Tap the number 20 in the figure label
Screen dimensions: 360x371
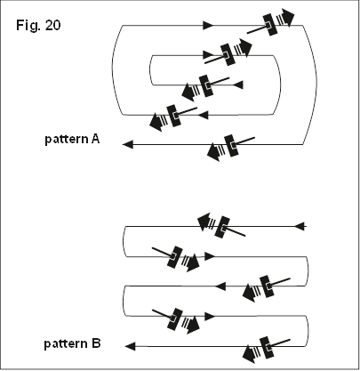tap(53, 25)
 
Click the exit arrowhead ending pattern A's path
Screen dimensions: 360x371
tap(128, 144)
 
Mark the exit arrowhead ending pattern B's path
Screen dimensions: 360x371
tap(131, 346)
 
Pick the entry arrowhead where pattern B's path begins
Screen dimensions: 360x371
tap(300, 226)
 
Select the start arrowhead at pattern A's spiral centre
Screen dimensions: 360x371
tap(238, 85)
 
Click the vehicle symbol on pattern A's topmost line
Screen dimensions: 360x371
tap(271, 23)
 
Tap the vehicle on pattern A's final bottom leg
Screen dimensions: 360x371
tap(230, 146)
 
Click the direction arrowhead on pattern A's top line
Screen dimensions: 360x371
tap(208, 25)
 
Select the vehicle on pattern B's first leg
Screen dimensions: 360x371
tap(221, 227)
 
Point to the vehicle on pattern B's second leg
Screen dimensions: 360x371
tap(175, 257)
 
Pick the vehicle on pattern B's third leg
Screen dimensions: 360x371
tap(266, 287)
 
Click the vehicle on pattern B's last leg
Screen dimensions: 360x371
tap(266, 348)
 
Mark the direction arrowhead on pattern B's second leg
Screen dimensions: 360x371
tap(210, 256)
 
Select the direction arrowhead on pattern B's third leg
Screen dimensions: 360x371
tap(220, 286)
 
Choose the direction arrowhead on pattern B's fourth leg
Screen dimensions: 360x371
tap(210, 316)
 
